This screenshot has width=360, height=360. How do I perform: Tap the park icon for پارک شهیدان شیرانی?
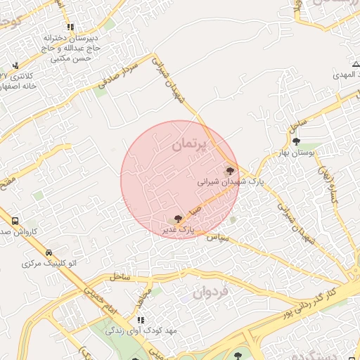pyautogui.click(x=229, y=170)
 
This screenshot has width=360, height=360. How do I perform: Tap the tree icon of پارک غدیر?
pyautogui.click(x=177, y=219)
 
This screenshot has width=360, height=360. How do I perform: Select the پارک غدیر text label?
pyautogui.click(x=176, y=230)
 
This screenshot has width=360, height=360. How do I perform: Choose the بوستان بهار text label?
pyautogui.click(x=296, y=152)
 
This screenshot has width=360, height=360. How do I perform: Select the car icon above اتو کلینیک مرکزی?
pyautogui.click(x=49, y=252)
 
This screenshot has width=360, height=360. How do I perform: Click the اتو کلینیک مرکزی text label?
pyautogui.click(x=49, y=264)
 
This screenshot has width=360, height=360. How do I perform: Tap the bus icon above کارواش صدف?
pyautogui.click(x=15, y=221)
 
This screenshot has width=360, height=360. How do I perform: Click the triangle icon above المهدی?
pyautogui.click(x=355, y=65)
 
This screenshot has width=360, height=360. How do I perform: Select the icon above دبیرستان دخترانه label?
pyautogui.click(x=70, y=27)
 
